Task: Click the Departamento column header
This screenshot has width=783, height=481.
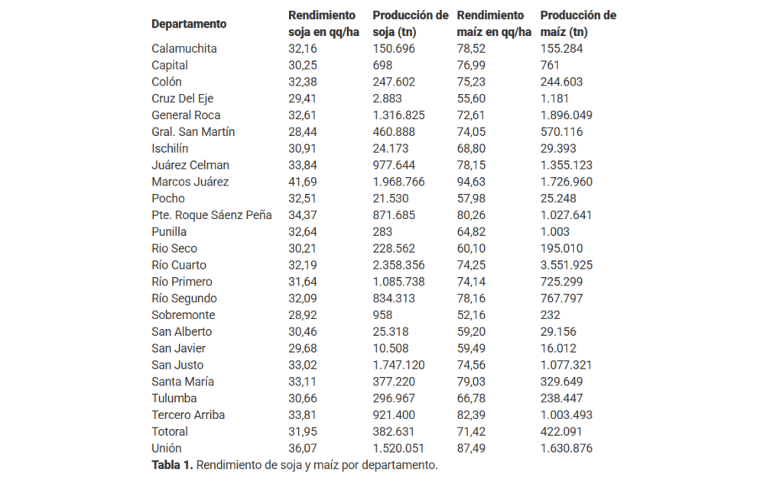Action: (189, 24)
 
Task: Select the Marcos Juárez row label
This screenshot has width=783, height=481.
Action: (190, 182)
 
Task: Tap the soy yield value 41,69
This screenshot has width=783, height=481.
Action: (302, 182)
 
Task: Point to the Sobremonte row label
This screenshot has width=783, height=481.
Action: (184, 315)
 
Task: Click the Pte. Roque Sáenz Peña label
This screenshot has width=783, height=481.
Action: (211, 215)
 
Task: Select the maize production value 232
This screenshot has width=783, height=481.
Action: (551, 315)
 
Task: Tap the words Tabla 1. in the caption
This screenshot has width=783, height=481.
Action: (172, 465)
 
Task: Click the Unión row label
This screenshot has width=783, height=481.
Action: (167, 448)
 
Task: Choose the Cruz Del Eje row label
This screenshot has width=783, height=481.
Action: (183, 98)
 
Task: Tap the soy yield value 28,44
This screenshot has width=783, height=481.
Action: (302, 132)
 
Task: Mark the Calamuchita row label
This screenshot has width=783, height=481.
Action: (184, 48)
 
